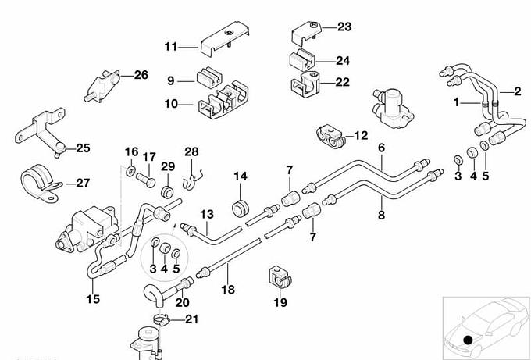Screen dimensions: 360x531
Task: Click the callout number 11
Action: pyautogui.click(x=171, y=47)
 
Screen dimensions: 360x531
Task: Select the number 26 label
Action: pyautogui.click(x=141, y=75)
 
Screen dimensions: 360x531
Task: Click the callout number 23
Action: pyautogui.click(x=344, y=27)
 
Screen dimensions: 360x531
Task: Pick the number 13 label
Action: pyautogui.click(x=206, y=213)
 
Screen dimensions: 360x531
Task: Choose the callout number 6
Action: pyautogui.click(x=382, y=148)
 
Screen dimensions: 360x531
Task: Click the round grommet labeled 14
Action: pyautogui.click(x=240, y=209)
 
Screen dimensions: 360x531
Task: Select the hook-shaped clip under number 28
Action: pyautogui.click(x=189, y=183)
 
